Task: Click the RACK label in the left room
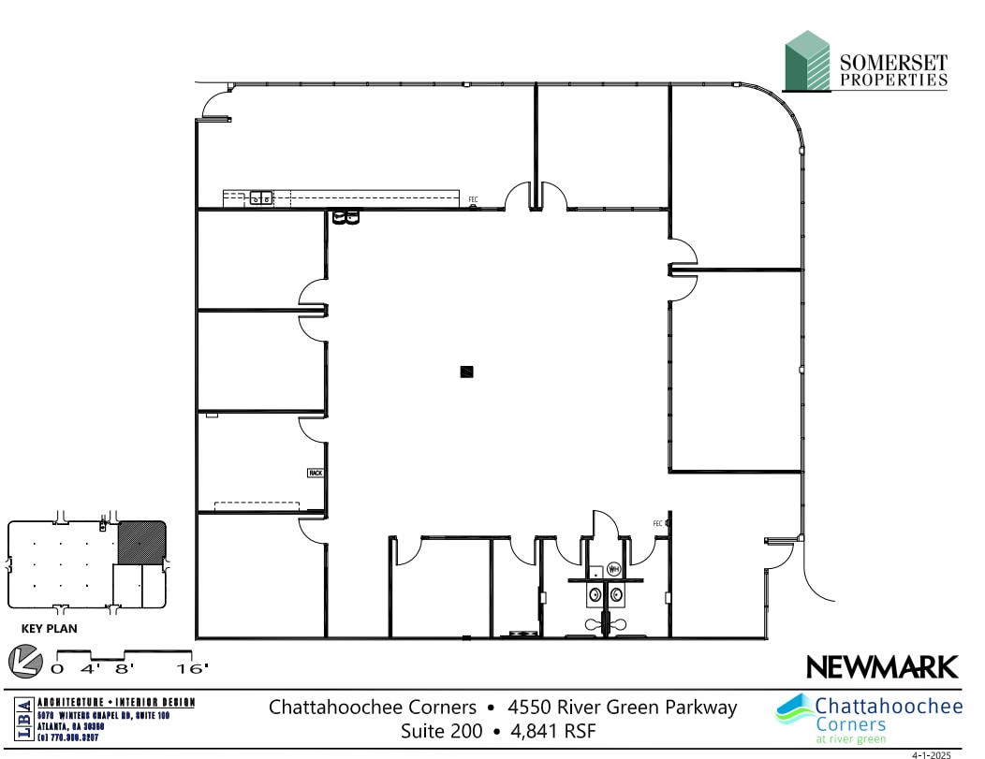click(x=315, y=474)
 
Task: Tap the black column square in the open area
click(x=467, y=372)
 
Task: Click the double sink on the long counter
click(x=260, y=197)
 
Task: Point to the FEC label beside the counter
click(x=474, y=199)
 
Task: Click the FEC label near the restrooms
click(x=657, y=523)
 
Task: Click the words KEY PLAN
click(x=49, y=629)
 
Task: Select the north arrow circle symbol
click(x=25, y=661)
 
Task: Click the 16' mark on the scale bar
click(x=192, y=668)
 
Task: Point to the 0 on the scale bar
click(x=57, y=668)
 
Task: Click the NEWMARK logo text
click(x=882, y=667)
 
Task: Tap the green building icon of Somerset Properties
click(x=807, y=61)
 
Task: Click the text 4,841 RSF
click(x=552, y=730)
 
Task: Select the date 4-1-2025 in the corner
click(x=931, y=752)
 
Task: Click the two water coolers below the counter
click(x=345, y=218)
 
